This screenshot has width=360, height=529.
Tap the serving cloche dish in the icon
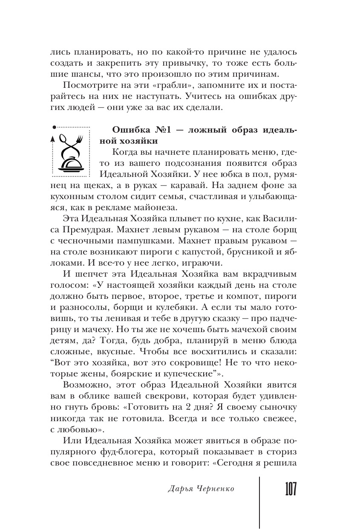coord(70,162)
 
